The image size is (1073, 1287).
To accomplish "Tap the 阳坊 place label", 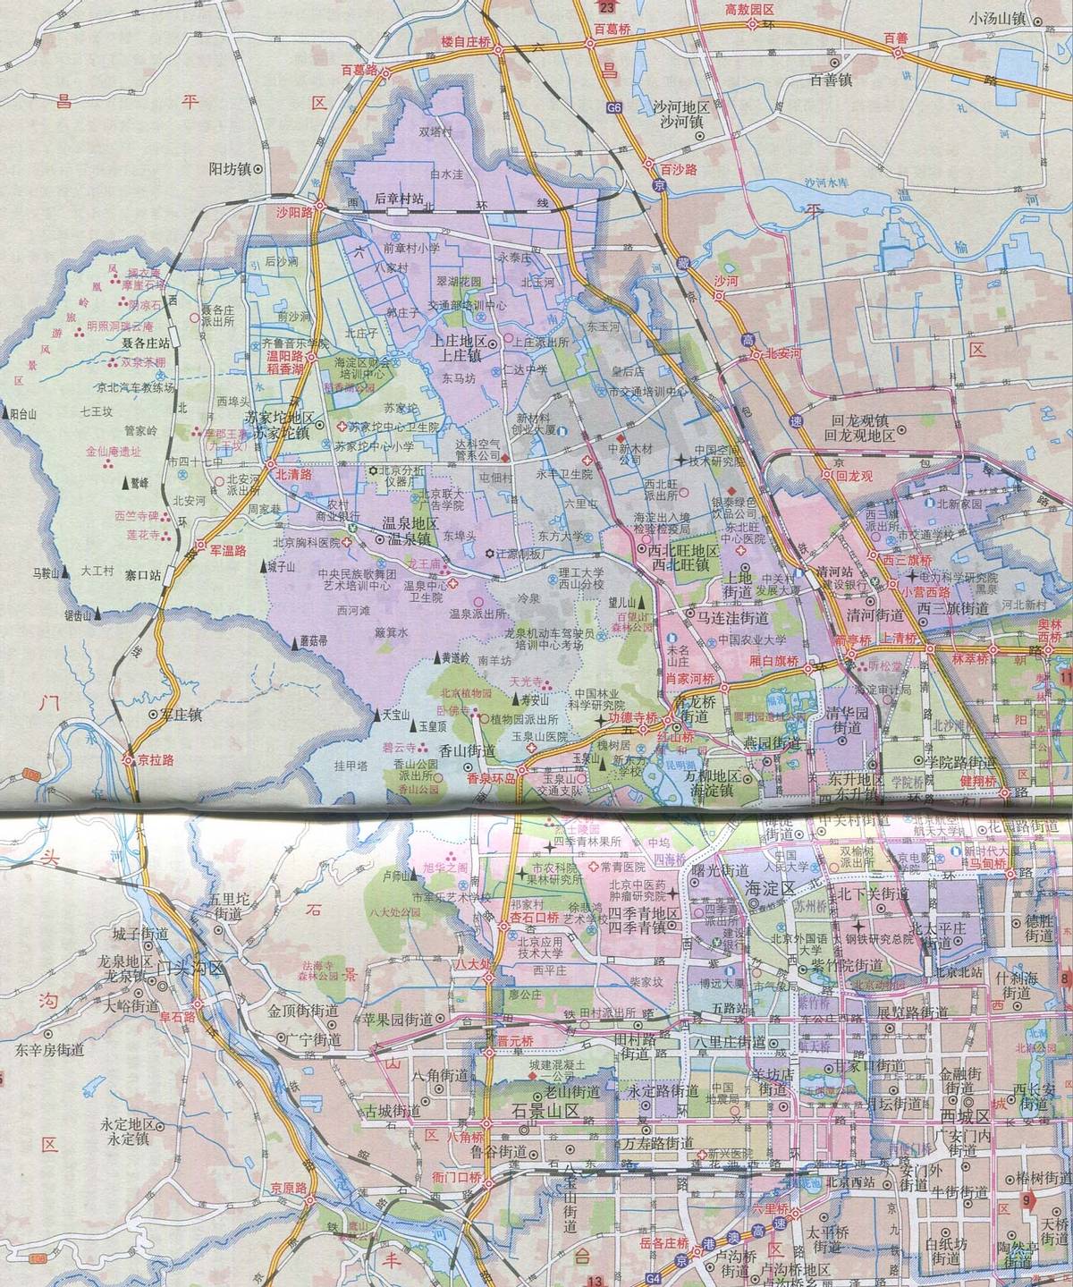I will click(x=229, y=167).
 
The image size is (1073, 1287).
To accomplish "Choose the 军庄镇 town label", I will click(x=182, y=715).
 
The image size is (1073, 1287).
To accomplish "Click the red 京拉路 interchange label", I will click(x=155, y=758).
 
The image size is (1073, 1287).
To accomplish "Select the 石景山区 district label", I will click(x=545, y=1112).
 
